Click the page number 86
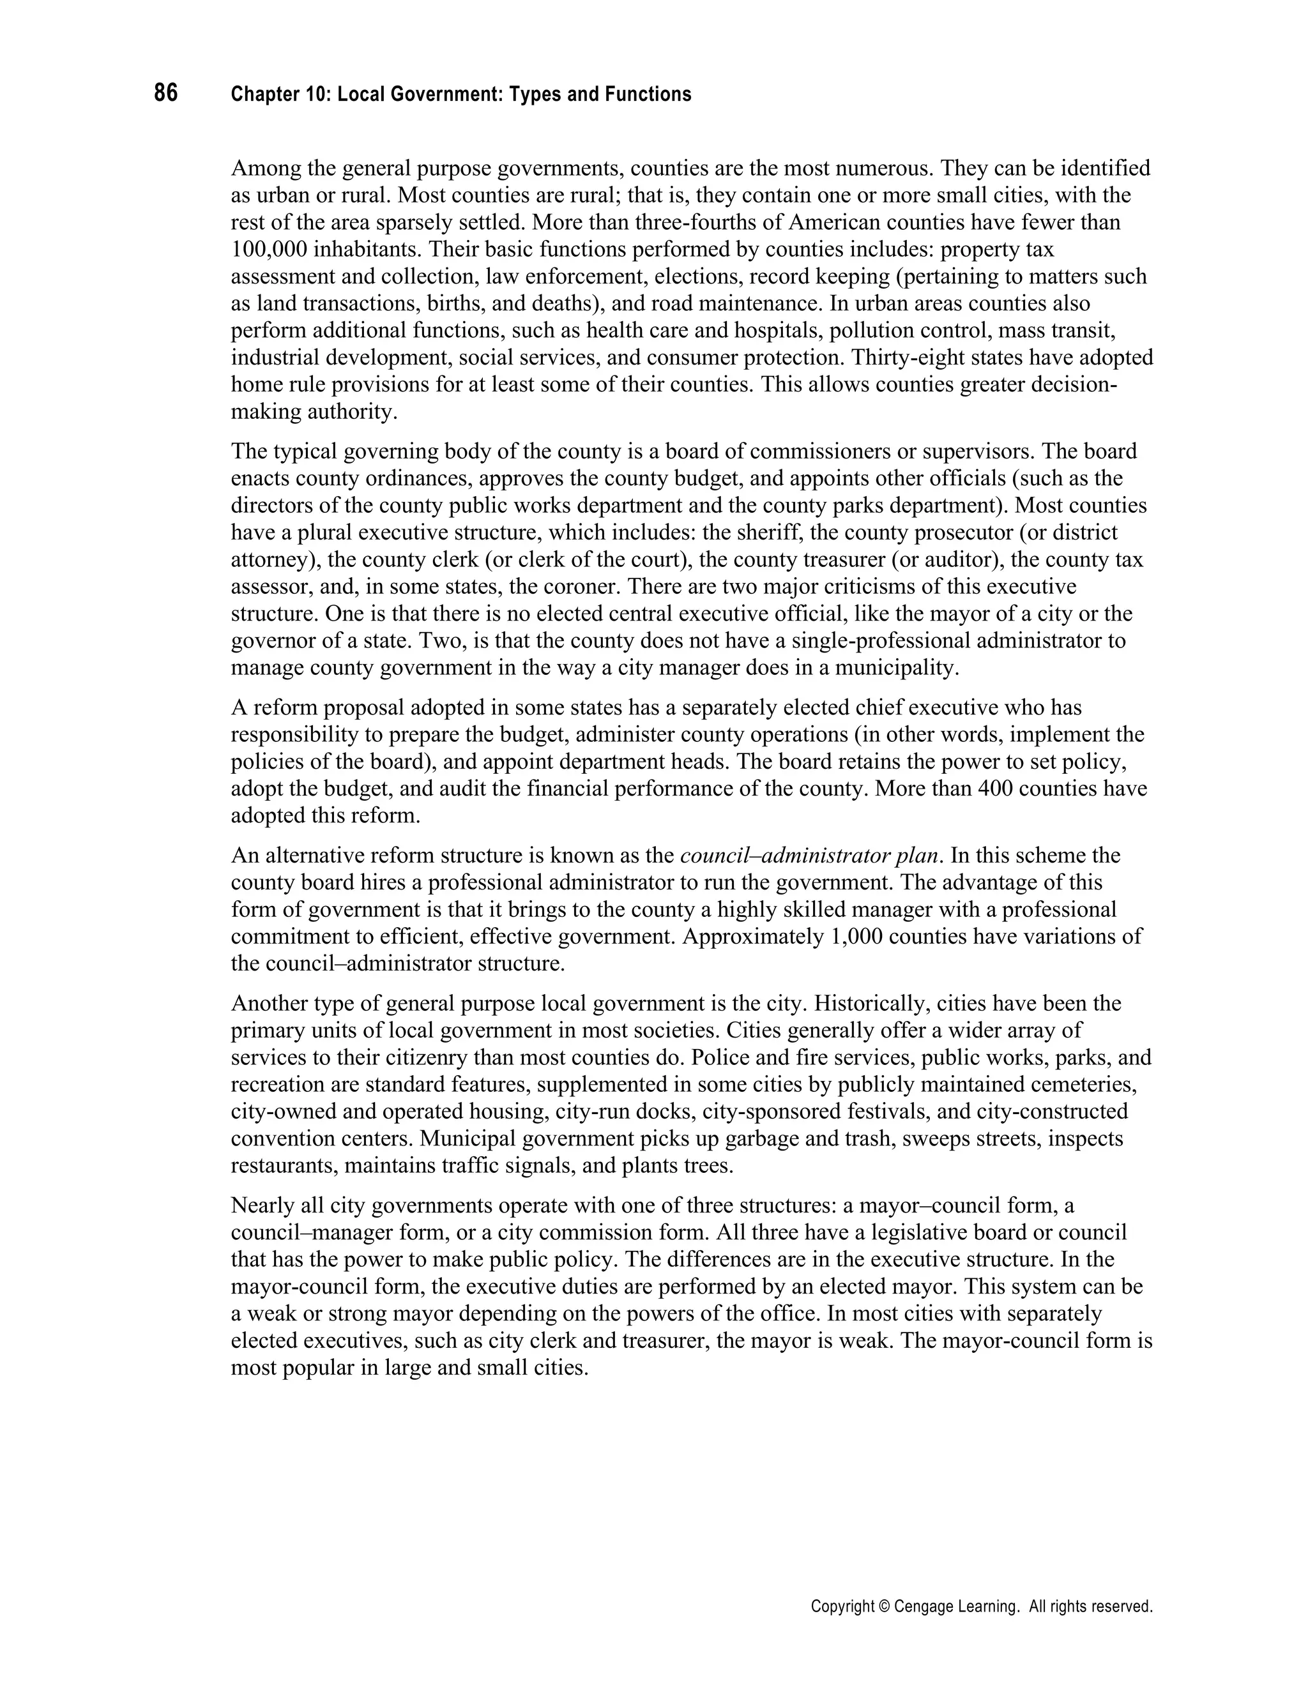coord(166,94)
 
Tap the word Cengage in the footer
coord(923,1608)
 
